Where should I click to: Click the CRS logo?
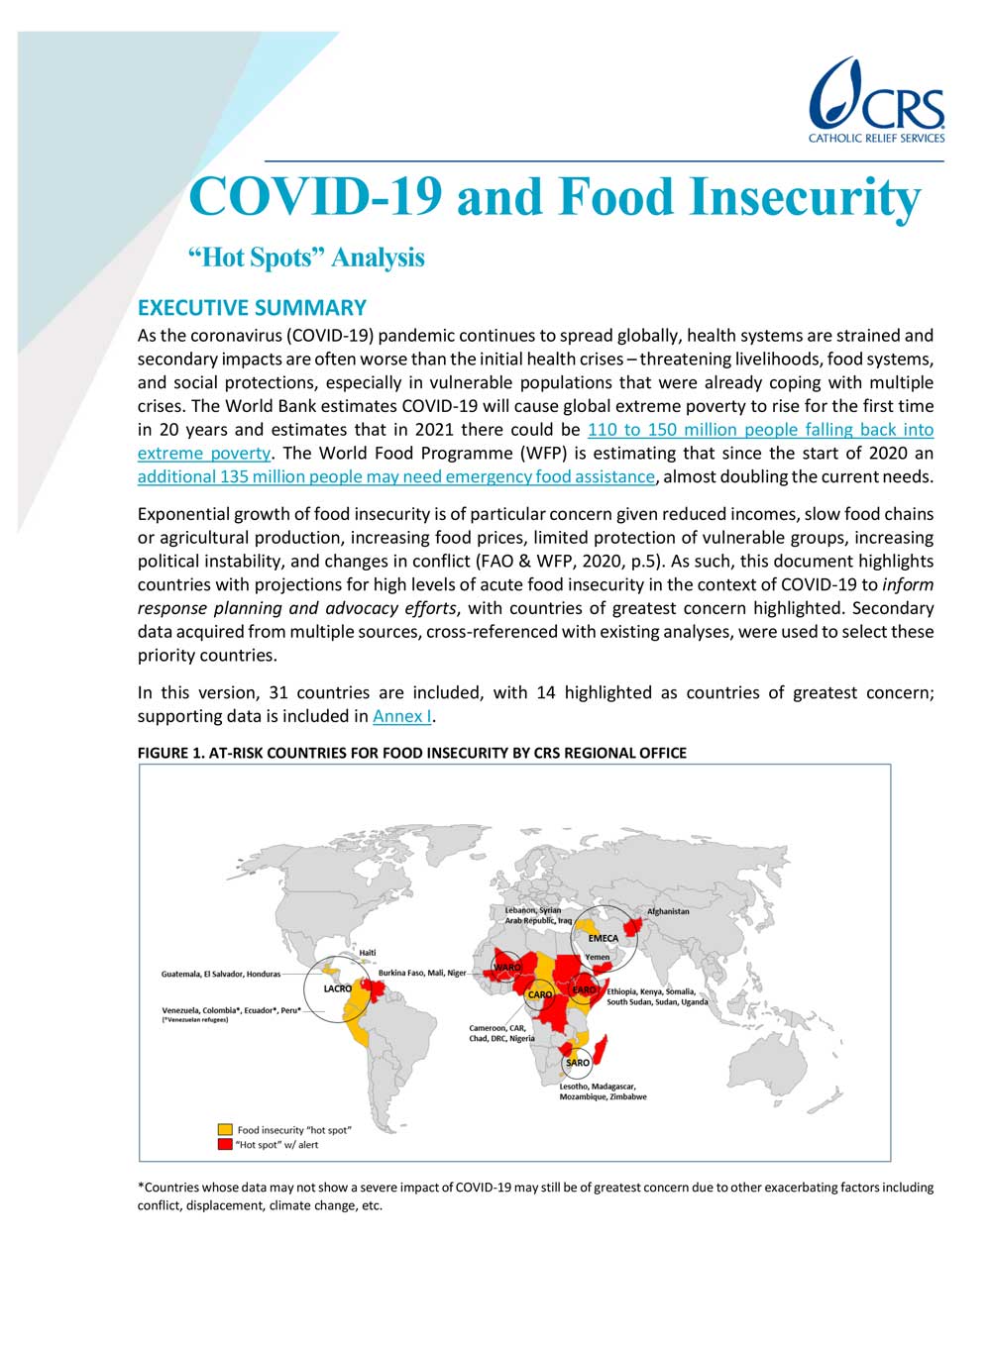coord(876,100)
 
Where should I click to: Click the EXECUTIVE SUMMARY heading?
coord(252,308)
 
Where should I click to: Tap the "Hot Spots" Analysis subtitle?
coord(306,258)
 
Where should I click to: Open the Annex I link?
coord(401,716)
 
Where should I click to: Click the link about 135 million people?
coord(395,476)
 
